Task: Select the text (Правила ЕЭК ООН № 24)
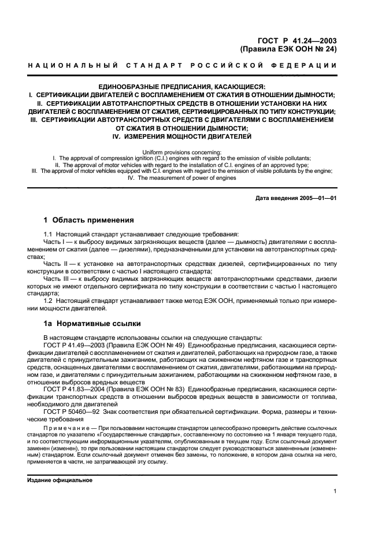[x=288, y=50]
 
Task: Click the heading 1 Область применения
[x=89, y=220]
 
